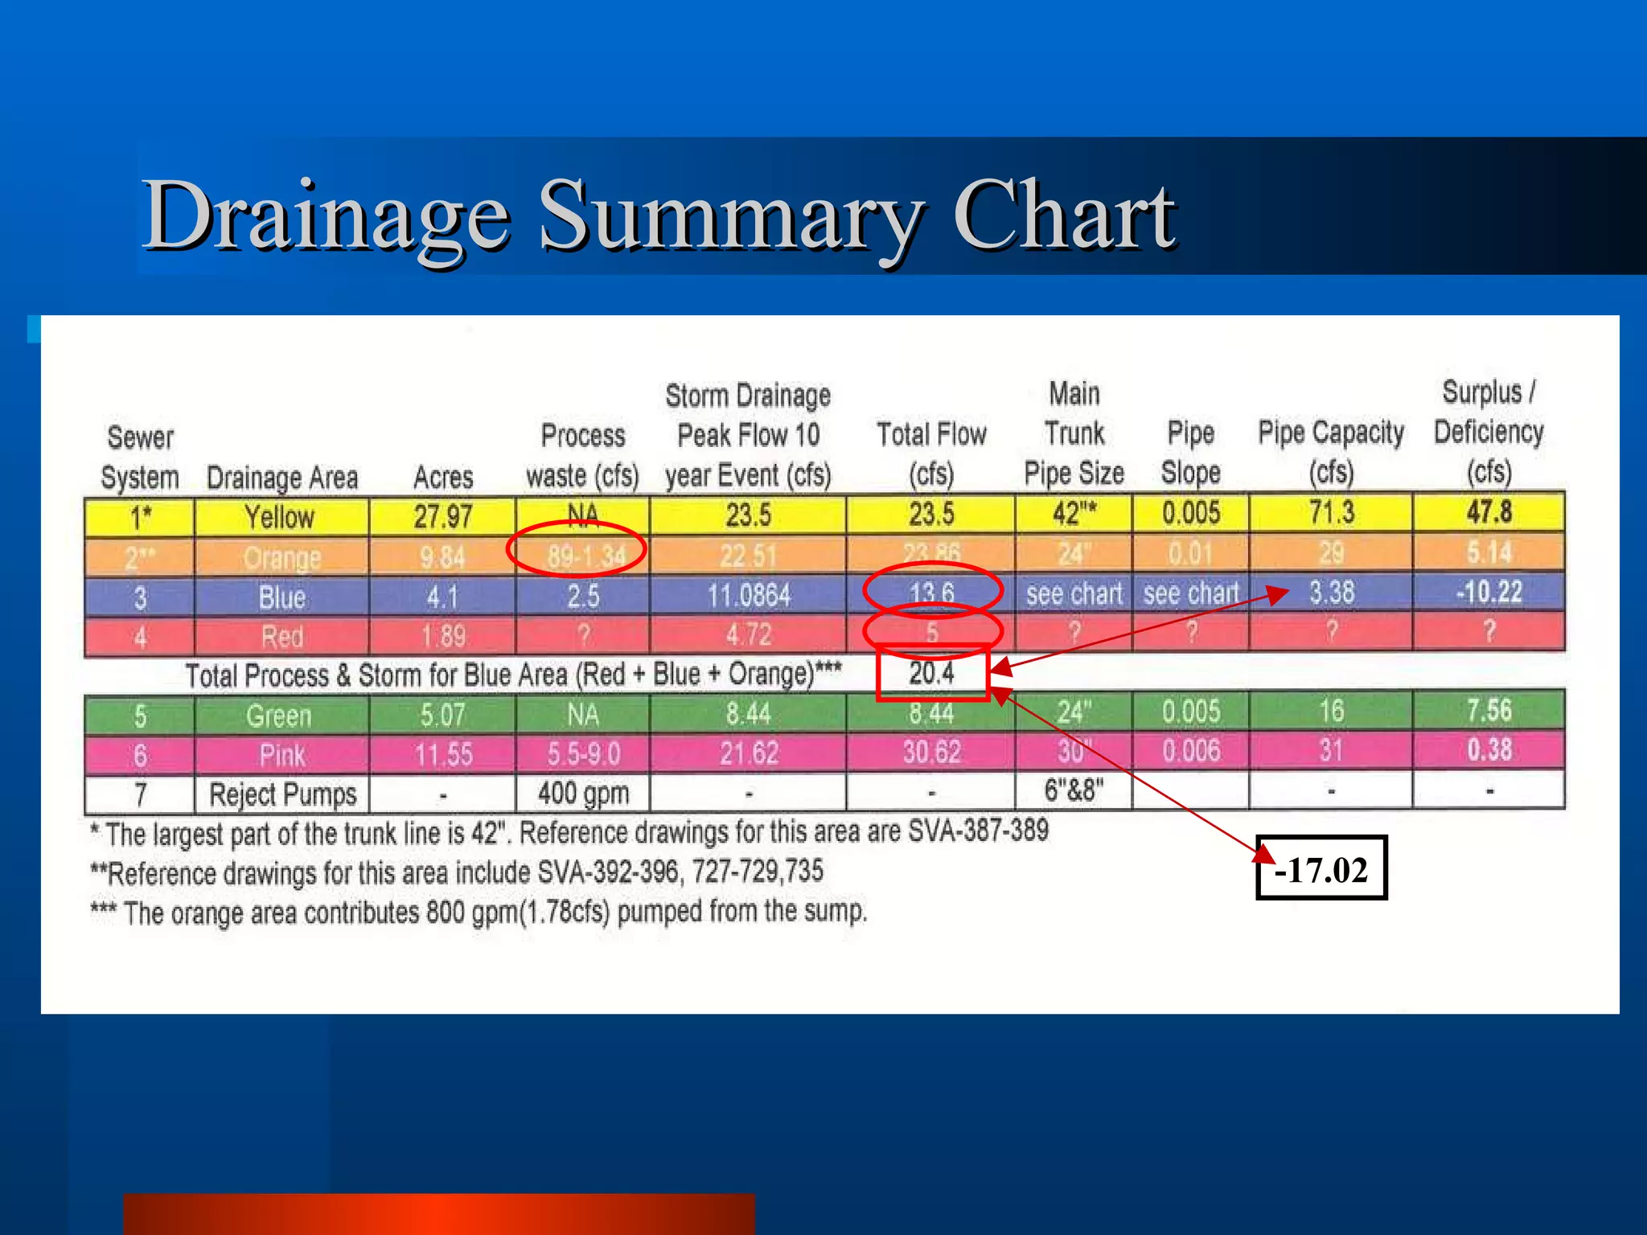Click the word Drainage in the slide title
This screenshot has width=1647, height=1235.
coord(326,215)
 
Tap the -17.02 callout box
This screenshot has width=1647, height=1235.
coord(1321,869)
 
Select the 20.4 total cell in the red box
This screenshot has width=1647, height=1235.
coord(931,673)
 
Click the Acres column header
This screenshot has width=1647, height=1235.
coord(442,477)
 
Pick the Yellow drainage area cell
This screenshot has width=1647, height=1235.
coord(280,516)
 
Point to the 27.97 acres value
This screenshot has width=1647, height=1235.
coord(442,516)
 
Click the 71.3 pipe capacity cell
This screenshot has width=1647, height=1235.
coord(1331,513)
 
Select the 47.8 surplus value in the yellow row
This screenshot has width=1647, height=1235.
coord(1489,512)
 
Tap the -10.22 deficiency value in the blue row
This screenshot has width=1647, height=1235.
coord(1489,593)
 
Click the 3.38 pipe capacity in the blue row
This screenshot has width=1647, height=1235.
coord(1332,593)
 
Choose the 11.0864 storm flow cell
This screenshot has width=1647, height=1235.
coord(748,596)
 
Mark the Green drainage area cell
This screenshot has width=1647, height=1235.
coord(279,715)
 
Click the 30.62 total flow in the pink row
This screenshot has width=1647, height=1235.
coord(931,752)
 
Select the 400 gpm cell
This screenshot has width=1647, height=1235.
coord(583,794)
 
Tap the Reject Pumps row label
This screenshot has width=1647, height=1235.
coord(282,794)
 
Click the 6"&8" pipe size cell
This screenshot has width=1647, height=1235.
coord(1074,790)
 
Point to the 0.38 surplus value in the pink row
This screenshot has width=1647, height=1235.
coord(1489,750)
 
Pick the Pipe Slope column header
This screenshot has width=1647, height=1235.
coord(1190,453)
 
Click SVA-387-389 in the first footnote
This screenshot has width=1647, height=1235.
coord(978,830)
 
